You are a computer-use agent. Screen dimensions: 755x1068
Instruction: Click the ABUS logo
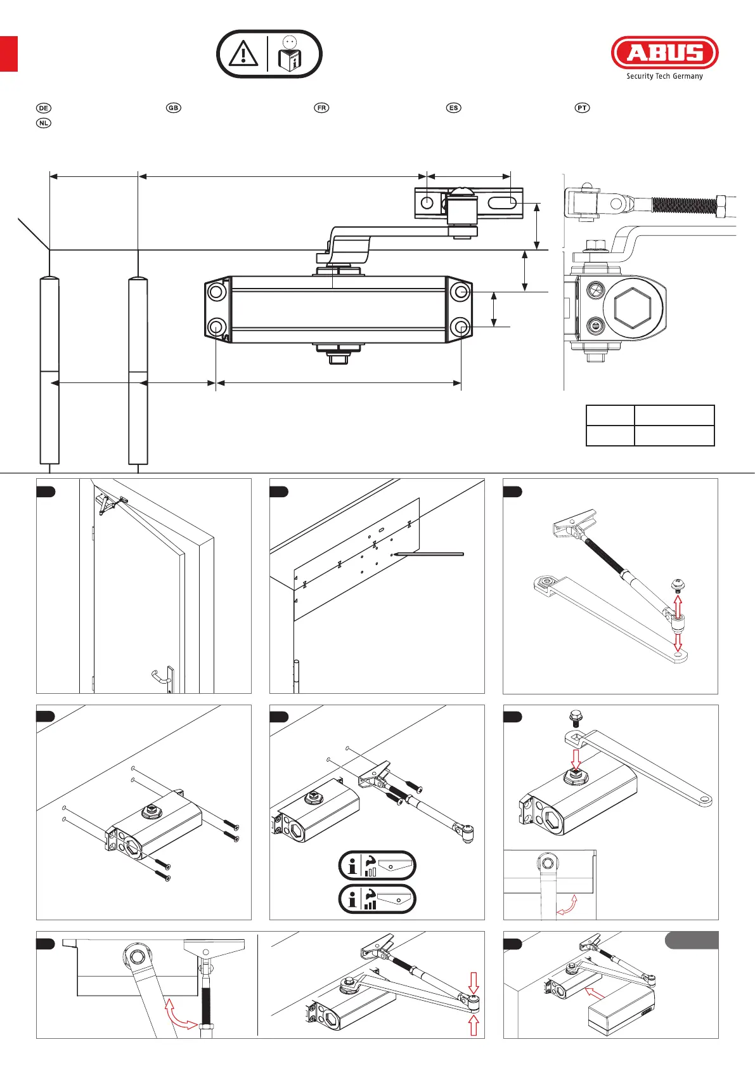tap(665, 53)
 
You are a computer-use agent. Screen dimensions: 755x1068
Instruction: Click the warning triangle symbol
tap(243, 53)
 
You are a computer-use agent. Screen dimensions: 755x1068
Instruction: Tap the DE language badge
tap(43, 108)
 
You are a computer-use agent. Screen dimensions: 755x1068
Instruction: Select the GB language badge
tap(174, 108)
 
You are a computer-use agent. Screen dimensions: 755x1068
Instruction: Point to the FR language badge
tap(322, 108)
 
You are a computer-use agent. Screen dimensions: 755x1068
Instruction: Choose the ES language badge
tap(454, 108)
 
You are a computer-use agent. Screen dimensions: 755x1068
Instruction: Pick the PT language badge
tap(582, 108)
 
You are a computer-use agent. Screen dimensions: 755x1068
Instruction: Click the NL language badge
tap(43, 123)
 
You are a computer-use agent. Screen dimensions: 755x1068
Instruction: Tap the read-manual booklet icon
tap(290, 54)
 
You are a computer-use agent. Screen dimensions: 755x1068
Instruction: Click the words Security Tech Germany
tap(664, 76)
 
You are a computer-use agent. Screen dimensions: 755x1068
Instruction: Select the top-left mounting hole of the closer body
tap(217, 291)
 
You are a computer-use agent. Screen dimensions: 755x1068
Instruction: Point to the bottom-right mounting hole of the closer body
tap(461, 327)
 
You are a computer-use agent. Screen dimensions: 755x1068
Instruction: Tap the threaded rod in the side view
tap(687, 205)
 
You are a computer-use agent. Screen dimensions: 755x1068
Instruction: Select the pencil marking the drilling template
tap(427, 554)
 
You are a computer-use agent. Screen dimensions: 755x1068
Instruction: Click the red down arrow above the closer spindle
tap(576, 759)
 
